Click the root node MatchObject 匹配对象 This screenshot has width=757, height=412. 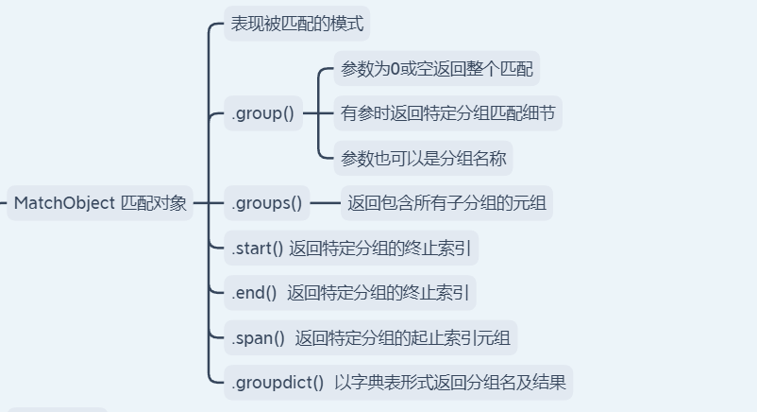(100, 203)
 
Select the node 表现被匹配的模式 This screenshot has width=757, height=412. (296, 24)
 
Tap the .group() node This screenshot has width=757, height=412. (262, 114)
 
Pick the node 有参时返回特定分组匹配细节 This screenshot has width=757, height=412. (447, 114)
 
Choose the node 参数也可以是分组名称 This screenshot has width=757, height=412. (424, 158)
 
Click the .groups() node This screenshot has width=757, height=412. (266, 202)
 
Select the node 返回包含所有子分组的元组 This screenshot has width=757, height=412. (448, 202)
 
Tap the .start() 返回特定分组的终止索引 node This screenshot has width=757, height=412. (351, 249)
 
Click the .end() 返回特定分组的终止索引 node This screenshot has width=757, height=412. (349, 293)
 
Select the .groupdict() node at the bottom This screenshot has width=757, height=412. (397, 383)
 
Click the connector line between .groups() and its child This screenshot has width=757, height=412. (326, 202)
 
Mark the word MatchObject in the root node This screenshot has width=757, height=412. (63, 203)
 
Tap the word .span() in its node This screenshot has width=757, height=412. (258, 338)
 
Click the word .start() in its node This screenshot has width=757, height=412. (257, 249)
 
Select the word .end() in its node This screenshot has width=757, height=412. (253, 293)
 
